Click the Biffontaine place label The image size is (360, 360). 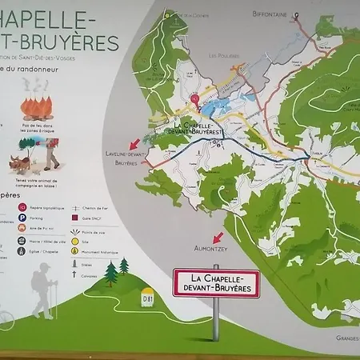[270, 14]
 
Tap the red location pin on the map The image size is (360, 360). [195, 100]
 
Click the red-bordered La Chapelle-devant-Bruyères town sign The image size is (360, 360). [216, 282]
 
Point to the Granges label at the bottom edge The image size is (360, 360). [345, 337]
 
